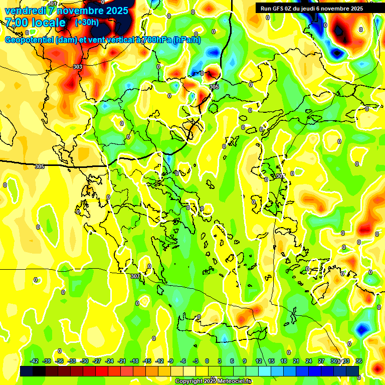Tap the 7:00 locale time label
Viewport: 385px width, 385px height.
35,23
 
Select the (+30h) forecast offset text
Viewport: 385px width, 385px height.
87,23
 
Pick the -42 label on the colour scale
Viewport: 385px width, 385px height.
35,361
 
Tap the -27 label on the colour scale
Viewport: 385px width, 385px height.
97,361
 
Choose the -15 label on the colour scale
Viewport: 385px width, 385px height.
147,361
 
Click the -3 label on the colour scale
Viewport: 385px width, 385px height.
196,361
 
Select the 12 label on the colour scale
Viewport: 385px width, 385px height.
259,361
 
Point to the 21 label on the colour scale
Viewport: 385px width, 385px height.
296,361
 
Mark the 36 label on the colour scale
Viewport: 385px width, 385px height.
359,361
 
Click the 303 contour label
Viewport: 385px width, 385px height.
78,67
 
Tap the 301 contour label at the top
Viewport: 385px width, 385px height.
53,4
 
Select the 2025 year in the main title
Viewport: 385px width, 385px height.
117,11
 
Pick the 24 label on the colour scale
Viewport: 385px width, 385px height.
309,361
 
